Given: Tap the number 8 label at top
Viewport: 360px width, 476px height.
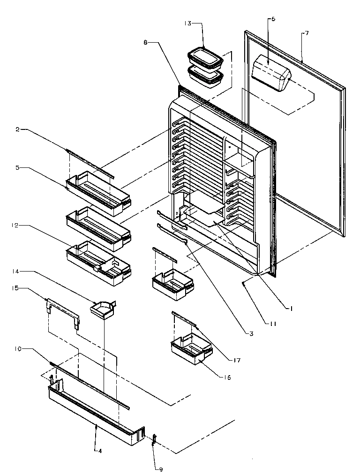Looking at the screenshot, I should [x=146, y=42].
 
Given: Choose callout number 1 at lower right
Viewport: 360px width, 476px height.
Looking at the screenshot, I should [x=292, y=308].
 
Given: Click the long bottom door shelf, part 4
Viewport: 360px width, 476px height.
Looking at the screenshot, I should [x=94, y=413].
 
